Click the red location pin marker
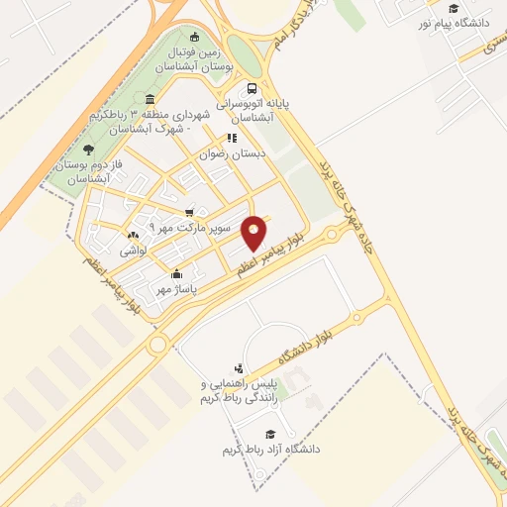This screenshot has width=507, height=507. coord(254,231)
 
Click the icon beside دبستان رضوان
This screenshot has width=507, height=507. coord(231,139)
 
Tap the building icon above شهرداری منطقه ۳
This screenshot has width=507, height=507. coord(149,99)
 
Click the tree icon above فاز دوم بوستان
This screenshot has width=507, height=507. coord(89,149)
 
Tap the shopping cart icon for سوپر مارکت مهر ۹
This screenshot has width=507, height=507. coord(189,211)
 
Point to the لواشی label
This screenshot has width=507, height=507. coord(134,252)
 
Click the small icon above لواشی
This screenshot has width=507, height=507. coord(134,236)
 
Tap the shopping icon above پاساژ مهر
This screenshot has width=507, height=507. coord(176,273)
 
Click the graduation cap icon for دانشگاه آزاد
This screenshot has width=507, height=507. coord(268,434)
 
